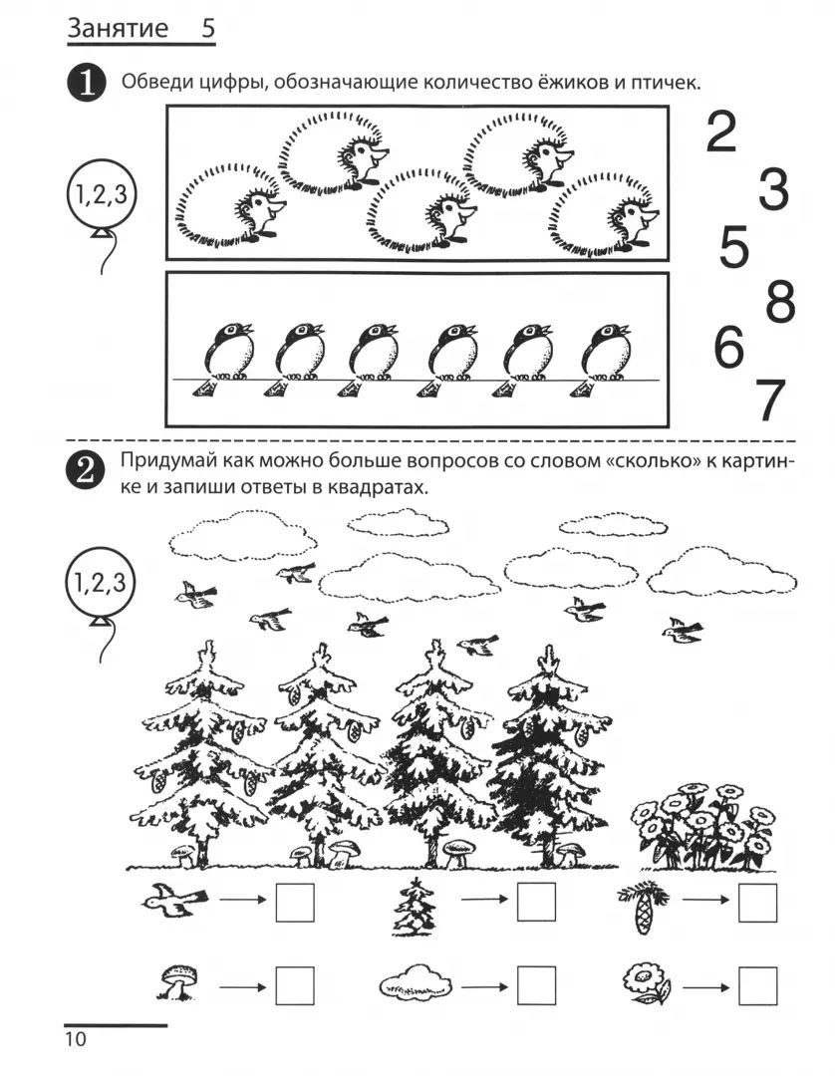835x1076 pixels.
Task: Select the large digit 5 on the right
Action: click(x=733, y=247)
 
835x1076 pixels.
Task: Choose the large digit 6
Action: click(x=728, y=347)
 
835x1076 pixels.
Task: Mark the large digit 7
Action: click(x=770, y=401)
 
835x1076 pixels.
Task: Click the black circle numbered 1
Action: click(x=86, y=83)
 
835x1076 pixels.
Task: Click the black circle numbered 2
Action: click(x=85, y=470)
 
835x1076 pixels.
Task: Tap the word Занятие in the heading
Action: click(x=118, y=28)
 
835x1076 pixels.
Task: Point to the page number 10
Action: click(x=76, y=1038)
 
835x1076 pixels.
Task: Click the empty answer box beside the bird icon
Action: click(x=295, y=903)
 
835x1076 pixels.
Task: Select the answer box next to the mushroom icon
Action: click(x=295, y=986)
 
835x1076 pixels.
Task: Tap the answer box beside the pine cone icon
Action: click(x=758, y=903)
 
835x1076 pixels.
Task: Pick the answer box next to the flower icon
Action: click(x=758, y=986)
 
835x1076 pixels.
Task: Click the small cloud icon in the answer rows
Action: click(x=416, y=982)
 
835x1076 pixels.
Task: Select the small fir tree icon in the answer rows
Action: click(x=415, y=908)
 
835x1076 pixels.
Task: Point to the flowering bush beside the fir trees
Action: click(x=701, y=826)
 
